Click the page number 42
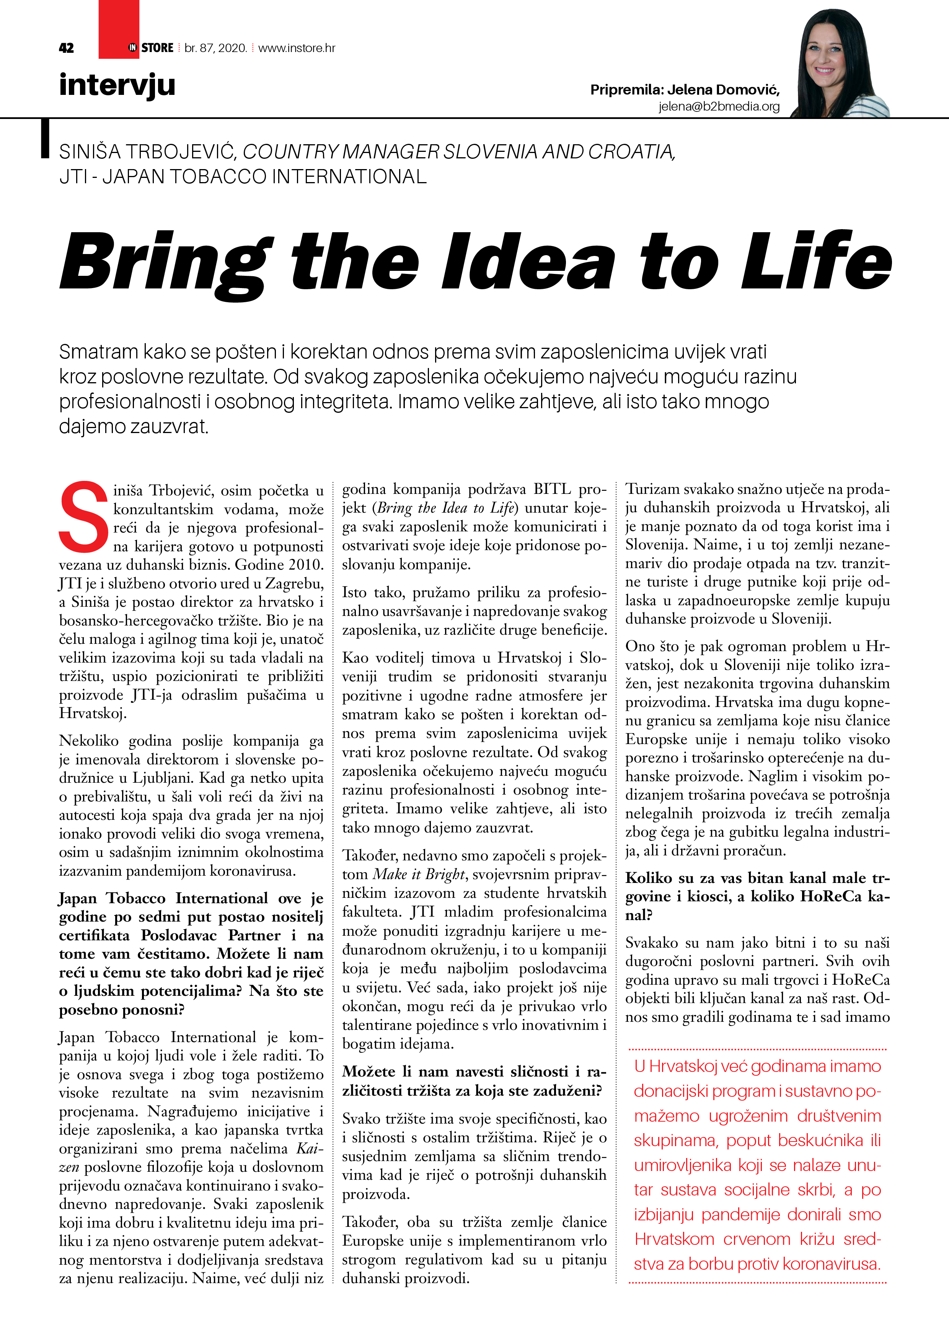(x=66, y=48)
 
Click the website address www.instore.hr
(x=297, y=48)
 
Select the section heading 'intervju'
(x=117, y=85)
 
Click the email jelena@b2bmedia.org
(x=719, y=106)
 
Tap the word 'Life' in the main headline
(x=816, y=260)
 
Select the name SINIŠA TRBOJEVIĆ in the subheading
(x=147, y=152)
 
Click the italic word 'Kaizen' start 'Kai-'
(x=309, y=1148)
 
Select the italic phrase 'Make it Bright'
(x=419, y=874)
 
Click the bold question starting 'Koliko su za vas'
(x=757, y=896)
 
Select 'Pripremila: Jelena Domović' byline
(x=685, y=90)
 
